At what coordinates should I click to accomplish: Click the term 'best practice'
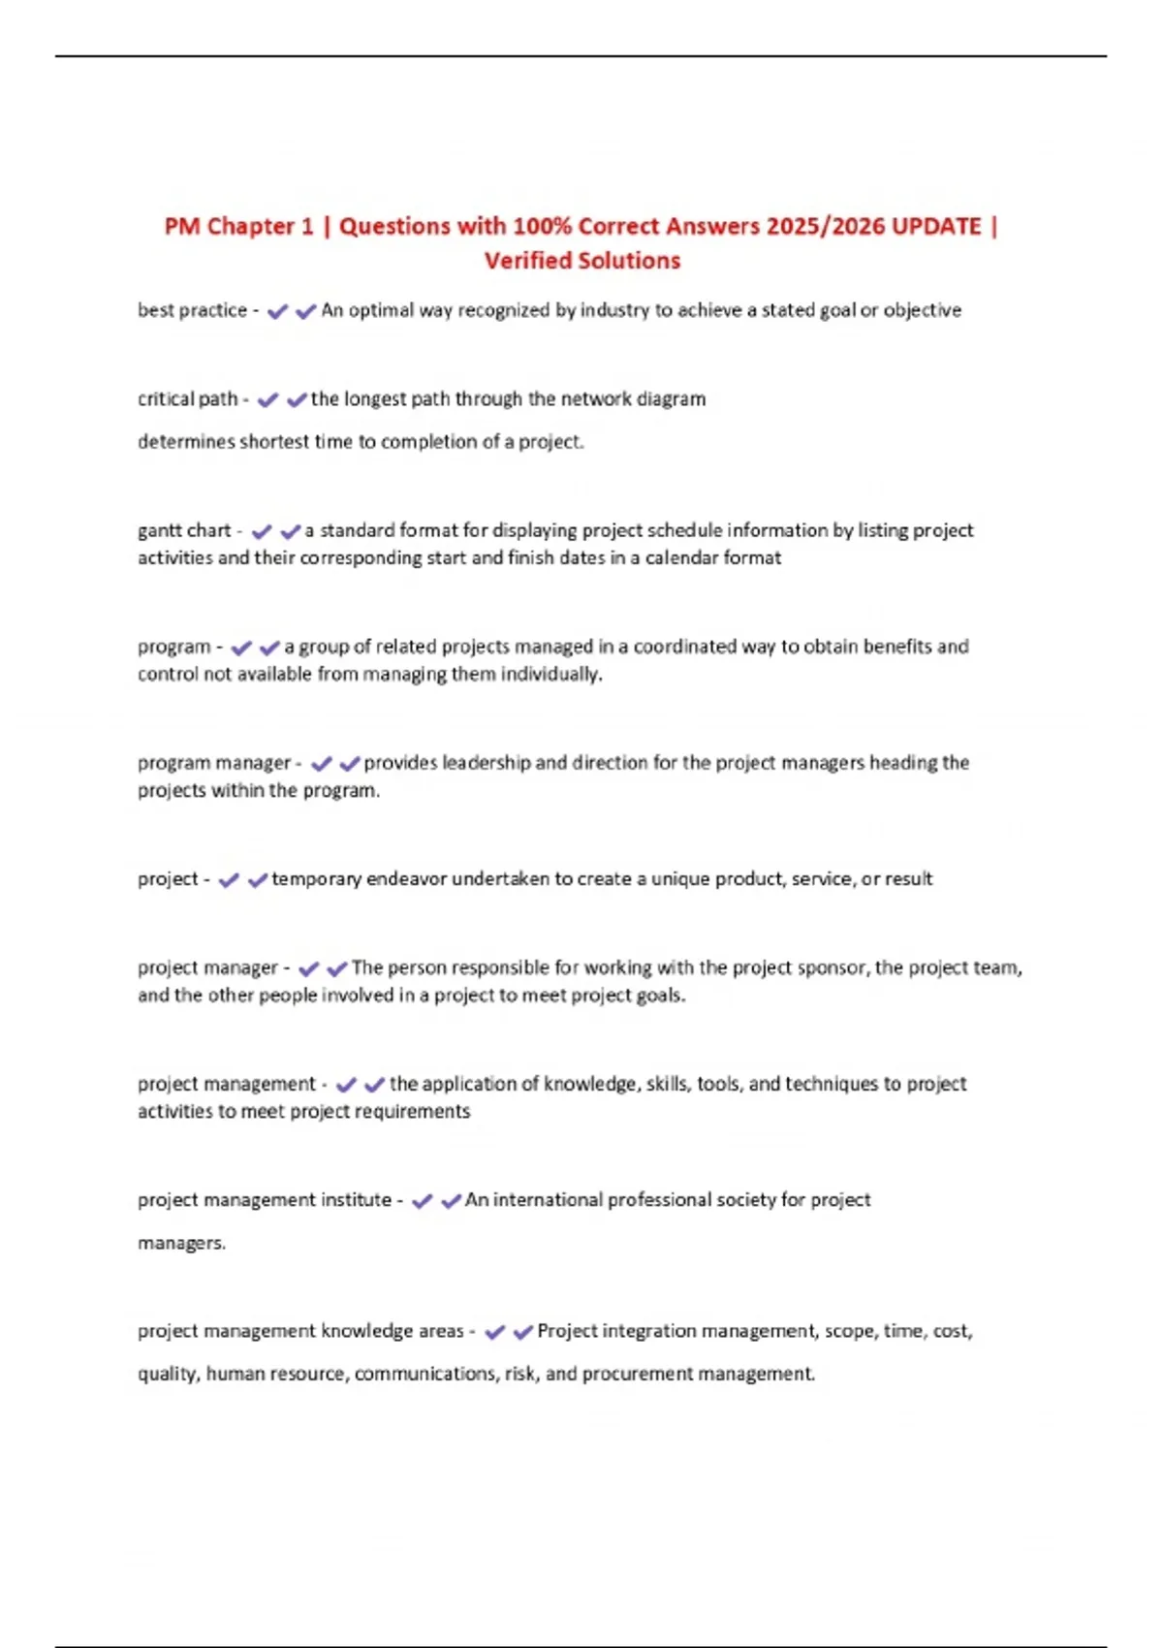192,310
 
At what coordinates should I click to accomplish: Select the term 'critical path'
187,398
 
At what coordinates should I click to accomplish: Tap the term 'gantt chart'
184,530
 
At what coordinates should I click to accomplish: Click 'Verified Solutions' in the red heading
582,261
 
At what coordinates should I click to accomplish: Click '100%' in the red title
542,226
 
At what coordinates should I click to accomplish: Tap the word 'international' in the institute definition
547,1200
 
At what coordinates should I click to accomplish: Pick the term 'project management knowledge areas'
300,1331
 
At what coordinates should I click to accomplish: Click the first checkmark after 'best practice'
277,311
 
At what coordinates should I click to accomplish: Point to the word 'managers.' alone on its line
181,1243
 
